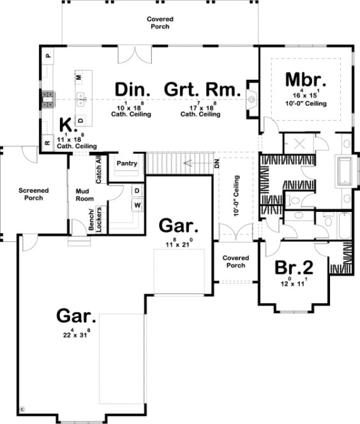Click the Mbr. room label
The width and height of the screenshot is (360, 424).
[306, 80]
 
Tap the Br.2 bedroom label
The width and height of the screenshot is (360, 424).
[293, 267]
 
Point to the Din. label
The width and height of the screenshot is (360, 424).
[133, 89]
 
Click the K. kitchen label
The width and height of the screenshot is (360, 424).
[65, 124]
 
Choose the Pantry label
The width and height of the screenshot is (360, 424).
[127, 163]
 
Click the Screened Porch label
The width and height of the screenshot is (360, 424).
[31, 194]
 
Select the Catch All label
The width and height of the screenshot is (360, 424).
[100, 169]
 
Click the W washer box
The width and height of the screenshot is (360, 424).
[137, 205]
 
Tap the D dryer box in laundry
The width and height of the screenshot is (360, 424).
[137, 191]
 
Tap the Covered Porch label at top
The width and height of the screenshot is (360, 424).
[160, 23]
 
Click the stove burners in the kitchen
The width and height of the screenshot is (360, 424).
[47, 98]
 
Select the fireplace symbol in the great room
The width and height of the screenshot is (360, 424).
[251, 99]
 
